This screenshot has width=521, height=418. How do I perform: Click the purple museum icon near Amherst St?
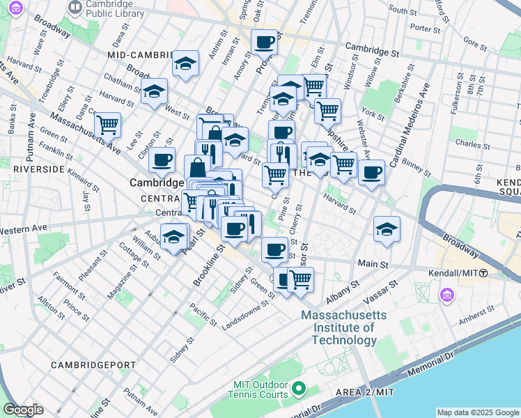(x=446, y=296)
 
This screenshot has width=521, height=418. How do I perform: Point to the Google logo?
(x=23, y=410)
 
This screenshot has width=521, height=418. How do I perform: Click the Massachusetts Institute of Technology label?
(x=339, y=327)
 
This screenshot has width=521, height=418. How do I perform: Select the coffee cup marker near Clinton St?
(x=162, y=159)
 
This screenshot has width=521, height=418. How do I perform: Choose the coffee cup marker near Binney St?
(x=372, y=171)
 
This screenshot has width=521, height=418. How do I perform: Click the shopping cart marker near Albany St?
(x=300, y=279)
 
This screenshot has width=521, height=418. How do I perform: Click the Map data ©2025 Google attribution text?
(x=477, y=412)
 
